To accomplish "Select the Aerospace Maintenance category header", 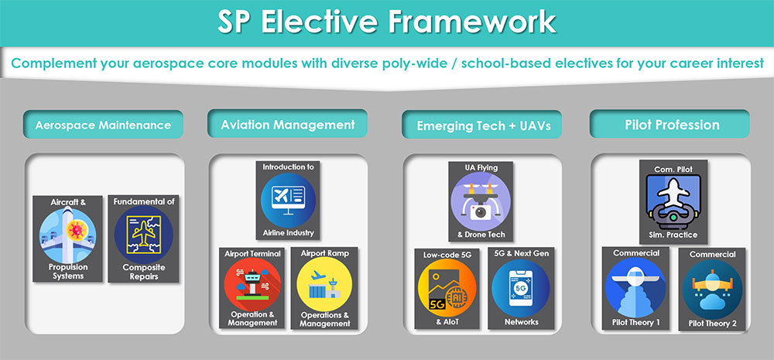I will (x=102, y=124).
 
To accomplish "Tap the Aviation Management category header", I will (x=287, y=124).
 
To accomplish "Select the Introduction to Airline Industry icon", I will (x=287, y=201).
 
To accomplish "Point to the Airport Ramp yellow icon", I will (x=325, y=286).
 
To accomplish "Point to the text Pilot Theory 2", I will (x=713, y=323).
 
